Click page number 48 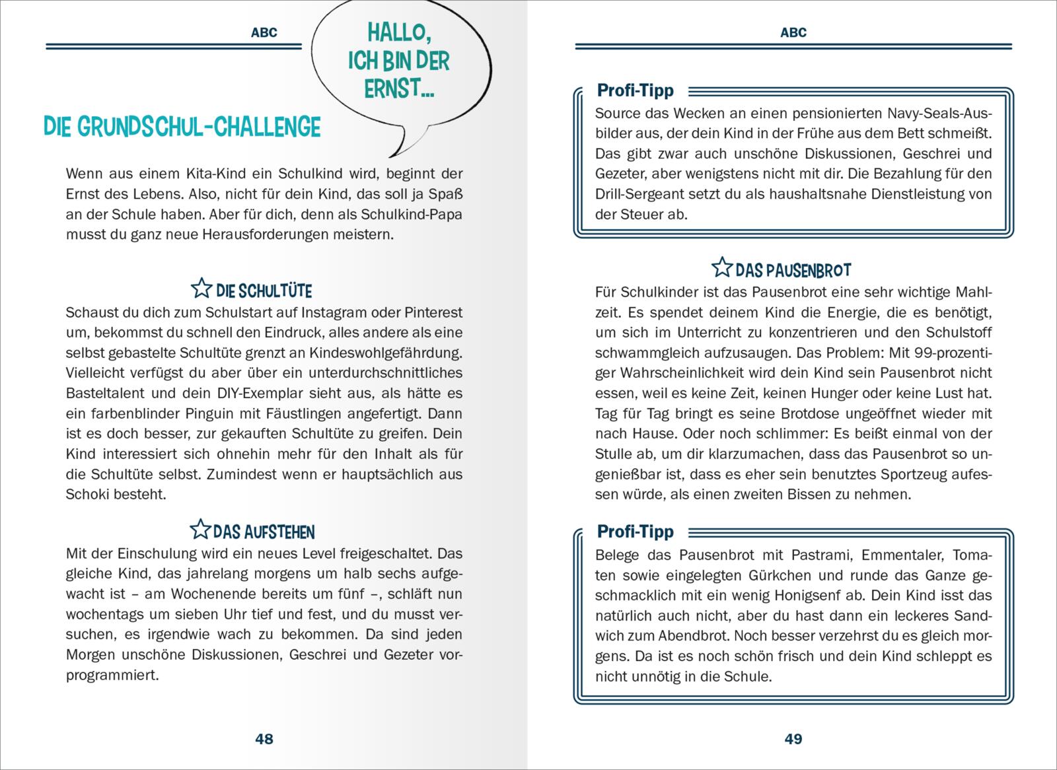click(x=264, y=739)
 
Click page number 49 click(x=793, y=739)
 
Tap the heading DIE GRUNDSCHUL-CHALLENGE click(x=182, y=127)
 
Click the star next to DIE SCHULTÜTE click(x=201, y=289)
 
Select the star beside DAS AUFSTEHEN click(x=200, y=530)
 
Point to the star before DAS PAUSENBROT click(x=722, y=267)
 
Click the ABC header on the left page click(x=264, y=32)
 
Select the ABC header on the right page click(x=793, y=32)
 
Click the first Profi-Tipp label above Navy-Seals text click(x=635, y=90)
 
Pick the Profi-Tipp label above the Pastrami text click(x=635, y=532)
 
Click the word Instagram click(x=316, y=312)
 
